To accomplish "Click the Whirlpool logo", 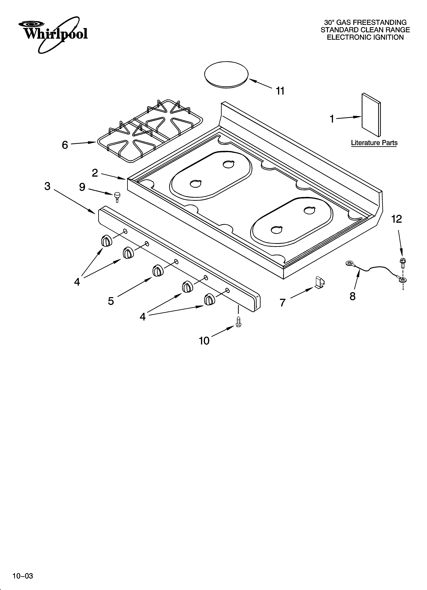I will pyautogui.click(x=53, y=34).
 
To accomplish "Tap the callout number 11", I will pyautogui.click(x=280, y=91).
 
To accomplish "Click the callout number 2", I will pyautogui.click(x=95, y=173).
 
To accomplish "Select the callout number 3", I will pyautogui.click(x=47, y=186).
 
